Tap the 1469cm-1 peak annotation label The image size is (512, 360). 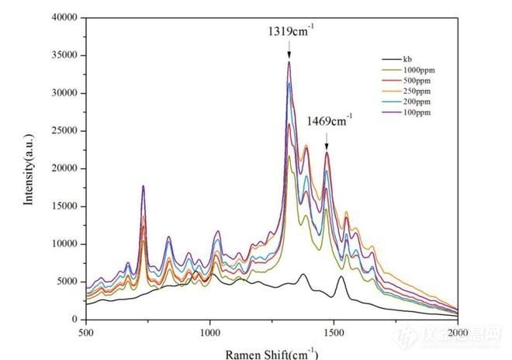[x=329, y=121]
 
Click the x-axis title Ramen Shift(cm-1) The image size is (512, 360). [x=272, y=353]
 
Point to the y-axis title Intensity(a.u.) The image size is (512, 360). [x=29, y=168]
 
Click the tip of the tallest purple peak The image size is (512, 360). [x=289, y=62]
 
